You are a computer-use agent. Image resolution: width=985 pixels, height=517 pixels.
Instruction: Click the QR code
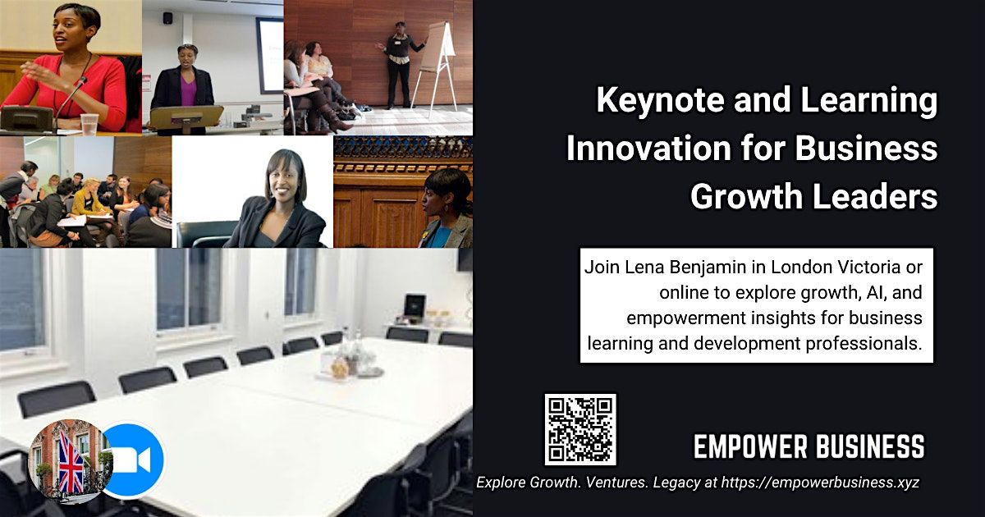pos(580,429)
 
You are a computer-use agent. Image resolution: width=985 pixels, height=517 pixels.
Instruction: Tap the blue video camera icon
pos(131,460)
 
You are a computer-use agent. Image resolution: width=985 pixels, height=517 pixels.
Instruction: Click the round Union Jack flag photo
pos(69,460)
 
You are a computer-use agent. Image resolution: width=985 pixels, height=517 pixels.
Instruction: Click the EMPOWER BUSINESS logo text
pos(809,447)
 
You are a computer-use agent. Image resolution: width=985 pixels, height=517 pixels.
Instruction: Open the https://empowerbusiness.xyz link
pos(821,483)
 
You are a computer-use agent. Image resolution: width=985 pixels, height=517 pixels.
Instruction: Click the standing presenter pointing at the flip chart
pos(400,62)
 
